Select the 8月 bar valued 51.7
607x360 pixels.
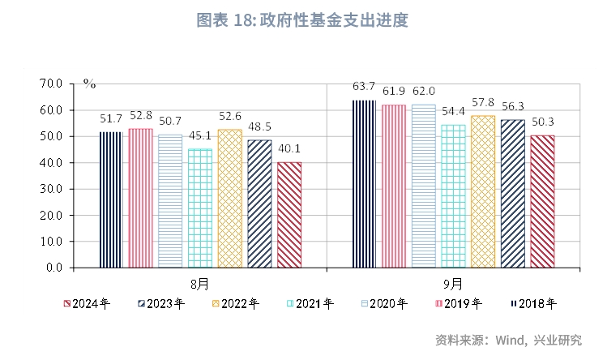point(111,199)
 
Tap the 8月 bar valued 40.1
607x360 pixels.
point(289,215)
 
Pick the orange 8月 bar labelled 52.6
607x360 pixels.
point(229,199)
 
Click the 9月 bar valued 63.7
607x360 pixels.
point(364,184)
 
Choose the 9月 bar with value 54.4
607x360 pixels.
point(452,196)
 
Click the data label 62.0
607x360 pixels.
point(422,91)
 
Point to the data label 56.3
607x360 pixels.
point(512,105)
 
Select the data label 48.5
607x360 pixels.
point(259,126)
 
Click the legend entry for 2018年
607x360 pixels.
point(538,304)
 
